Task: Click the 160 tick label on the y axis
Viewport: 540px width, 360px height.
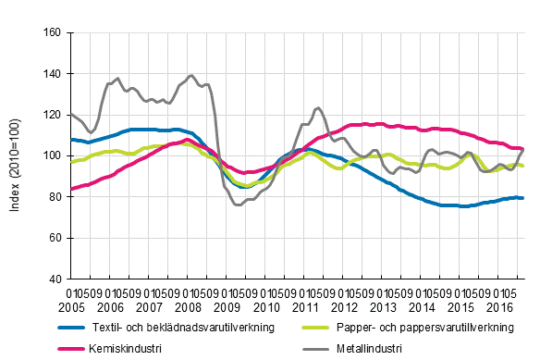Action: (x=52, y=32)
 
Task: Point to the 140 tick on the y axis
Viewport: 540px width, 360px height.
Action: (x=52, y=74)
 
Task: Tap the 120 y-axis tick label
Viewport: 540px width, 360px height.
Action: (x=52, y=115)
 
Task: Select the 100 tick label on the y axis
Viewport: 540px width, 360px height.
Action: (x=52, y=155)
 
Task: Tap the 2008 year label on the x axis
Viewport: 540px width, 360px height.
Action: (x=188, y=306)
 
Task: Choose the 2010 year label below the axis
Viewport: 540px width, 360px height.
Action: (x=265, y=306)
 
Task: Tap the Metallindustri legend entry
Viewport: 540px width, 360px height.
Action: (x=367, y=348)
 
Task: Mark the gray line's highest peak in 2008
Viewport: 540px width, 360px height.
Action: (x=190, y=76)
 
